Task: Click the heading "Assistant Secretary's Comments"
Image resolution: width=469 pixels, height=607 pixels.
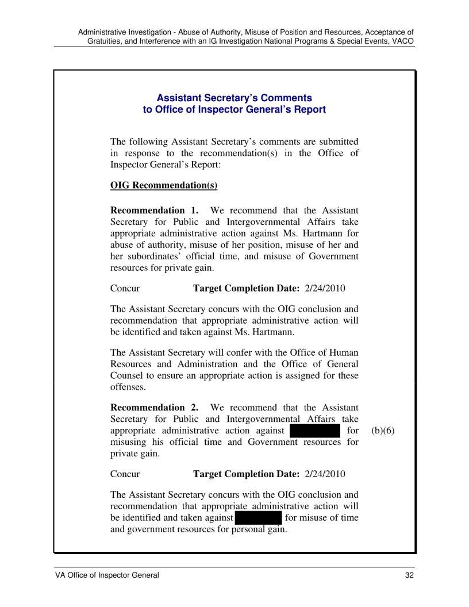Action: [234, 98]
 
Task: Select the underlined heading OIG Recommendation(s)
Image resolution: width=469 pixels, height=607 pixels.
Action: [163, 185]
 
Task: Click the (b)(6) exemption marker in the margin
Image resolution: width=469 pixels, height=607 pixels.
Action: [383, 431]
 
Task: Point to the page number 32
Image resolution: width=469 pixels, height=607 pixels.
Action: [409, 575]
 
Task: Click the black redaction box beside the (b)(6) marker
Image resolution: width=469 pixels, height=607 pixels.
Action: [316, 431]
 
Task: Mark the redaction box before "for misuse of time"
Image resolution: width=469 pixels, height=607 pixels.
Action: [257, 518]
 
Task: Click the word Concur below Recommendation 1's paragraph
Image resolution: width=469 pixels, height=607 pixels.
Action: [125, 288]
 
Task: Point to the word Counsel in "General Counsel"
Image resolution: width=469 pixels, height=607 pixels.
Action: [127, 375]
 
